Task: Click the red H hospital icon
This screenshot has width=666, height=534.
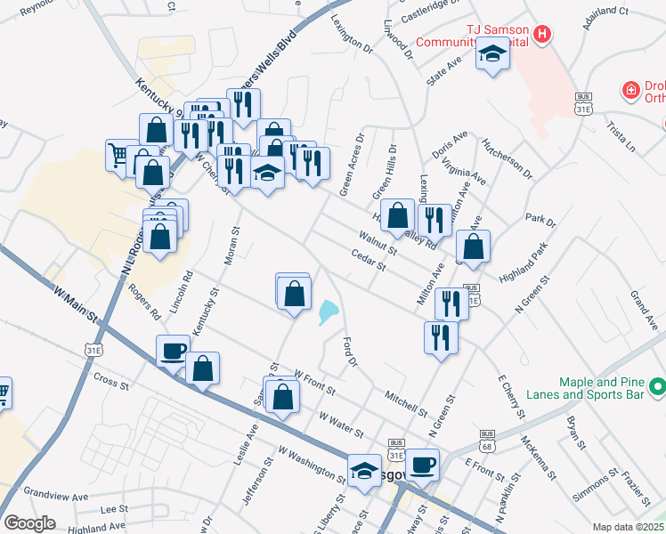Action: [x=542, y=36]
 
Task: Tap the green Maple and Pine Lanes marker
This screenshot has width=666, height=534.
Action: [x=657, y=386]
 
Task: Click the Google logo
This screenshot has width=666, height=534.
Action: [x=29, y=523]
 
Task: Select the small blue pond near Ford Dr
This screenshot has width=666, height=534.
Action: [x=327, y=311]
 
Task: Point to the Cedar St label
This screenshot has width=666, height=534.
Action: [x=368, y=260]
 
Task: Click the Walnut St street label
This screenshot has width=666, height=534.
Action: [x=378, y=241]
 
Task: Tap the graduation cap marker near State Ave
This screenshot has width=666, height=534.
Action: [x=490, y=56]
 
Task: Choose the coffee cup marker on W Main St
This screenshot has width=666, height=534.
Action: [x=173, y=351]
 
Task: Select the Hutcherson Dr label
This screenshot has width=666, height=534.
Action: [x=507, y=158]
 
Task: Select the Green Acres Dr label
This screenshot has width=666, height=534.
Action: [x=352, y=165]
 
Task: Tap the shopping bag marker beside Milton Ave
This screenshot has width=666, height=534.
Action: [x=474, y=248]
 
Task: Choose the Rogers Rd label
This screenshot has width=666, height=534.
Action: [x=143, y=302]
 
